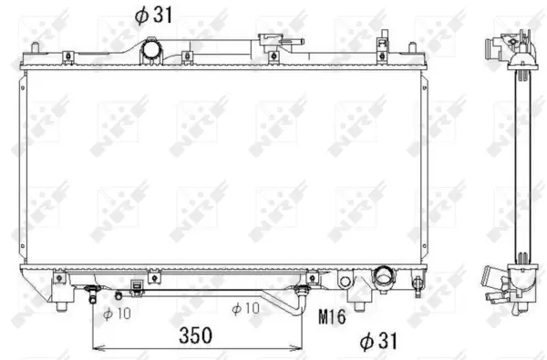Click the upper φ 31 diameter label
tap(152, 15)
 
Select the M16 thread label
tap(333, 317)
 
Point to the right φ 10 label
tap(246, 309)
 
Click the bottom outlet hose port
tap(383, 274)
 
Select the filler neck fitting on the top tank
tap(271, 41)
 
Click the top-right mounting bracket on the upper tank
tap(383, 46)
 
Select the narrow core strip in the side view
tap(522, 164)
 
